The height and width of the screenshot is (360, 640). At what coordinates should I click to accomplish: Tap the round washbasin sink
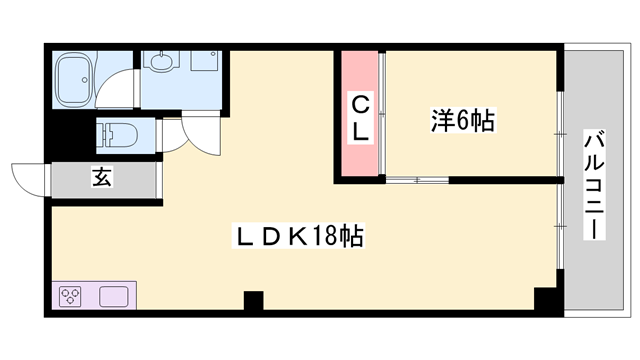162,62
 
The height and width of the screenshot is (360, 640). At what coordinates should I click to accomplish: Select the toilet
118,133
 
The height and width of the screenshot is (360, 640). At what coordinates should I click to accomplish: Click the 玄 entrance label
102,177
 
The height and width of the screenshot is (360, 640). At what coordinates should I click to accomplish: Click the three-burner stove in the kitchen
72,297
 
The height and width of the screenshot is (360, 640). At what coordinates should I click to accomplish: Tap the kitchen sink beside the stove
112,297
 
